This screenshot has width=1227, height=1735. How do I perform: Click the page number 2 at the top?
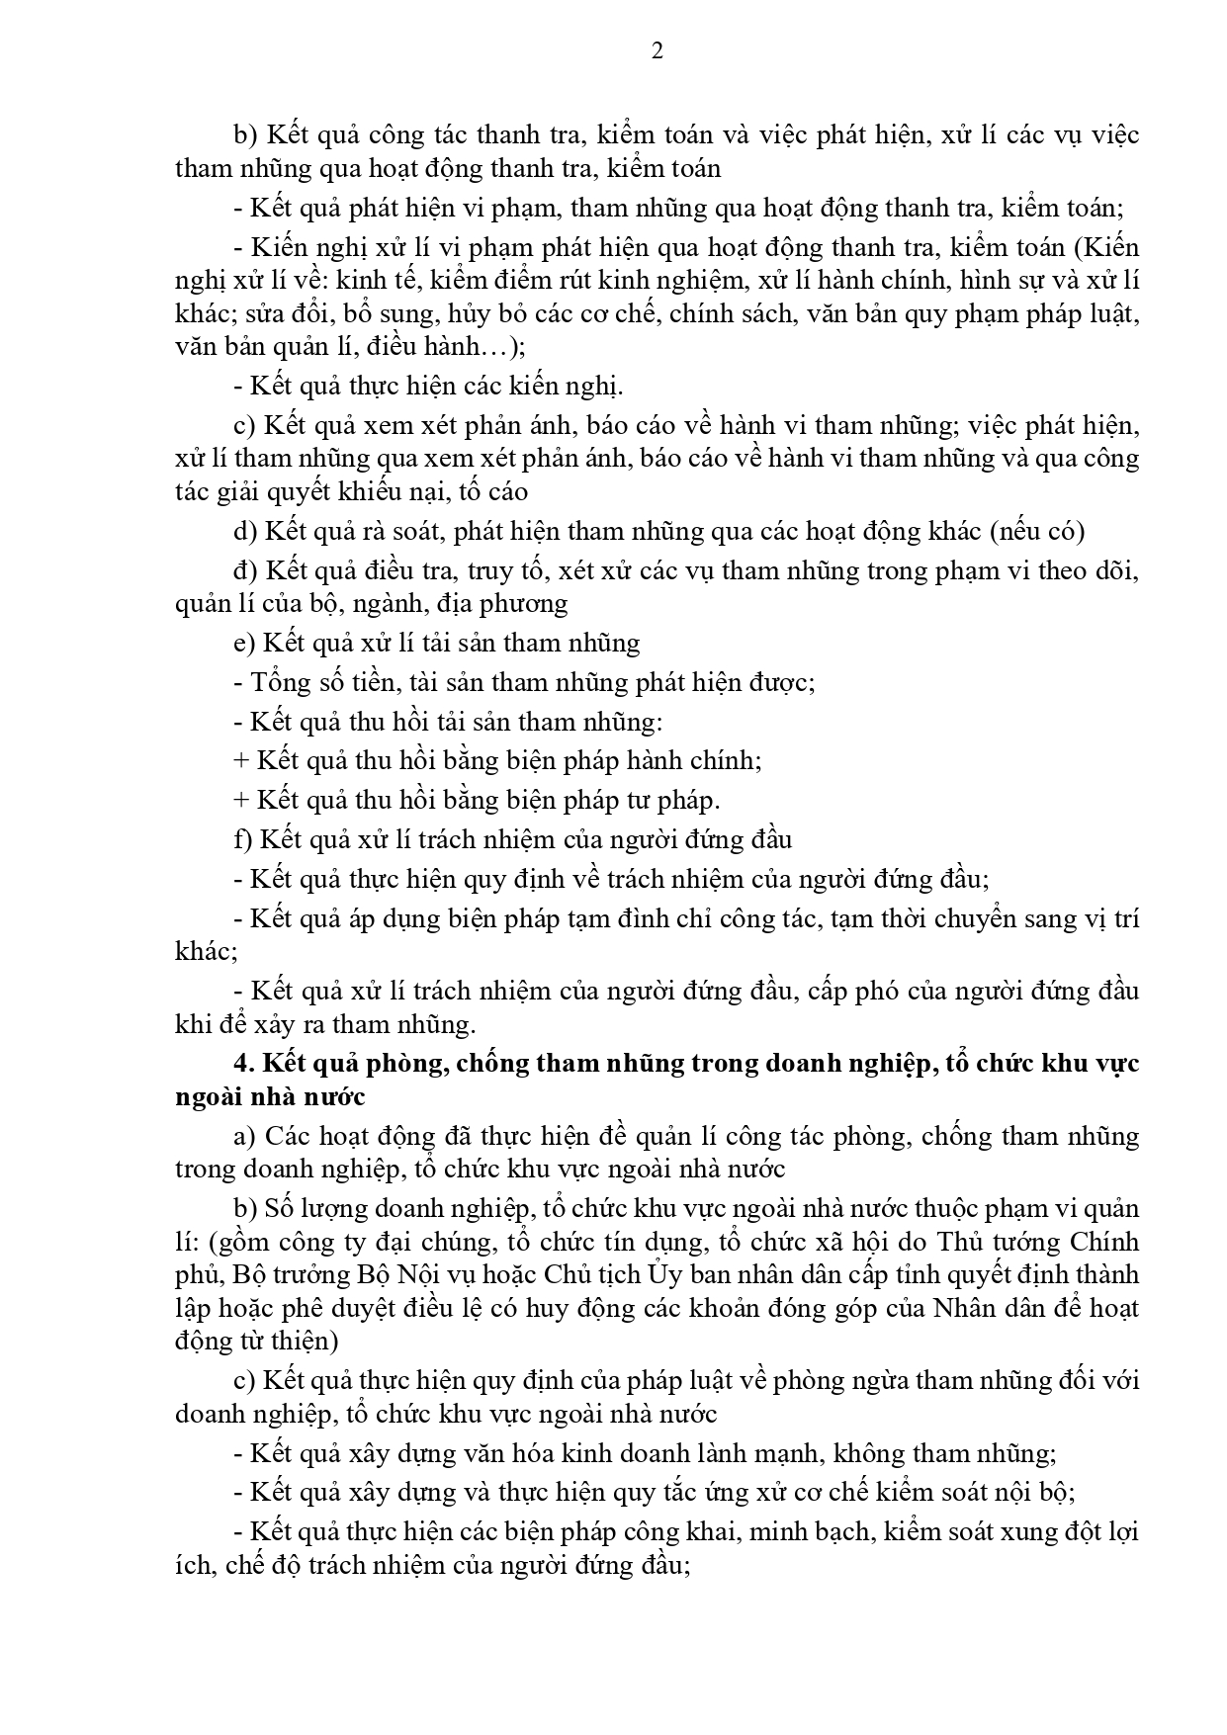(x=657, y=51)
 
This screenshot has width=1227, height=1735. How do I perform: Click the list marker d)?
(x=245, y=531)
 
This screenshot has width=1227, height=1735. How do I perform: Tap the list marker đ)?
(x=245, y=570)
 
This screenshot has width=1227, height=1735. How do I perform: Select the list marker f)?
(x=243, y=839)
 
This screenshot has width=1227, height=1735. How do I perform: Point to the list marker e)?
(x=244, y=643)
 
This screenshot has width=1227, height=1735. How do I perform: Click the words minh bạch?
(x=813, y=1532)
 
